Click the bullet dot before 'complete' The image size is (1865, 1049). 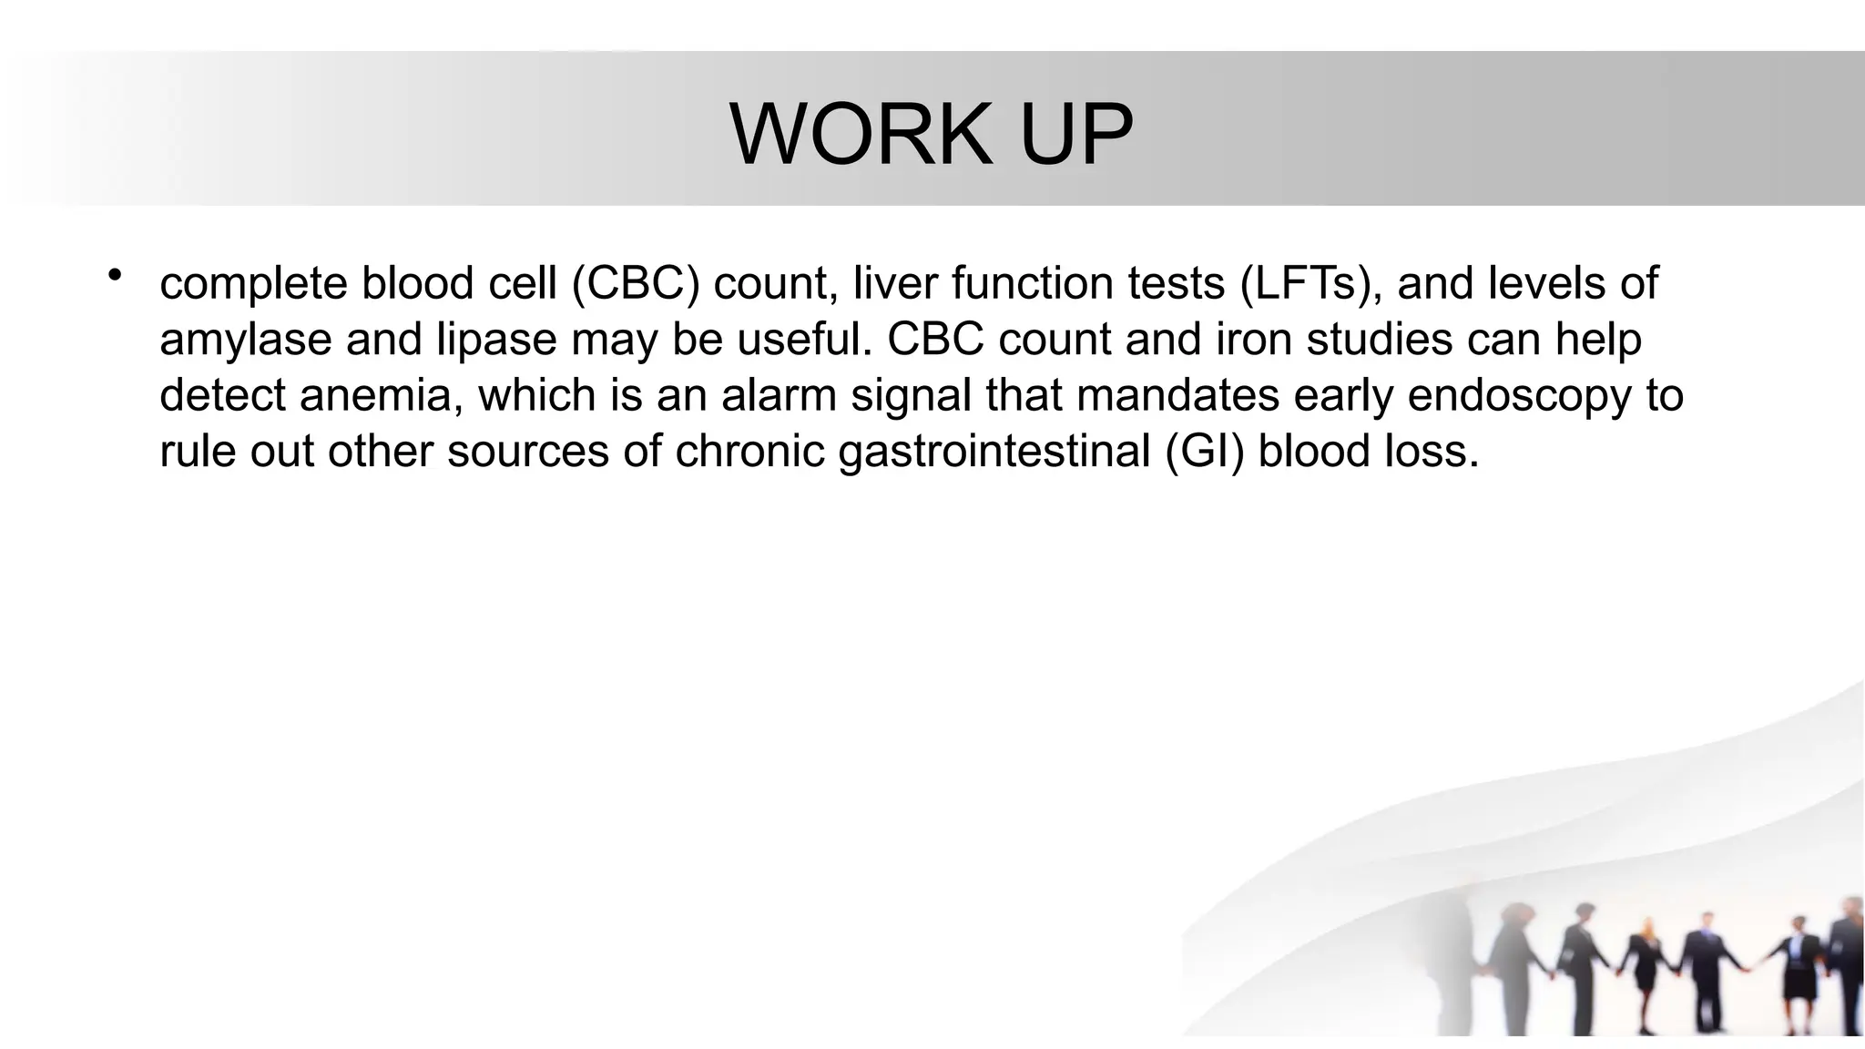point(114,276)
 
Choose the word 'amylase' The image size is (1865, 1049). point(245,341)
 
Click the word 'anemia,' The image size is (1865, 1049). point(382,396)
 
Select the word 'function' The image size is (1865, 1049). point(1033,283)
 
